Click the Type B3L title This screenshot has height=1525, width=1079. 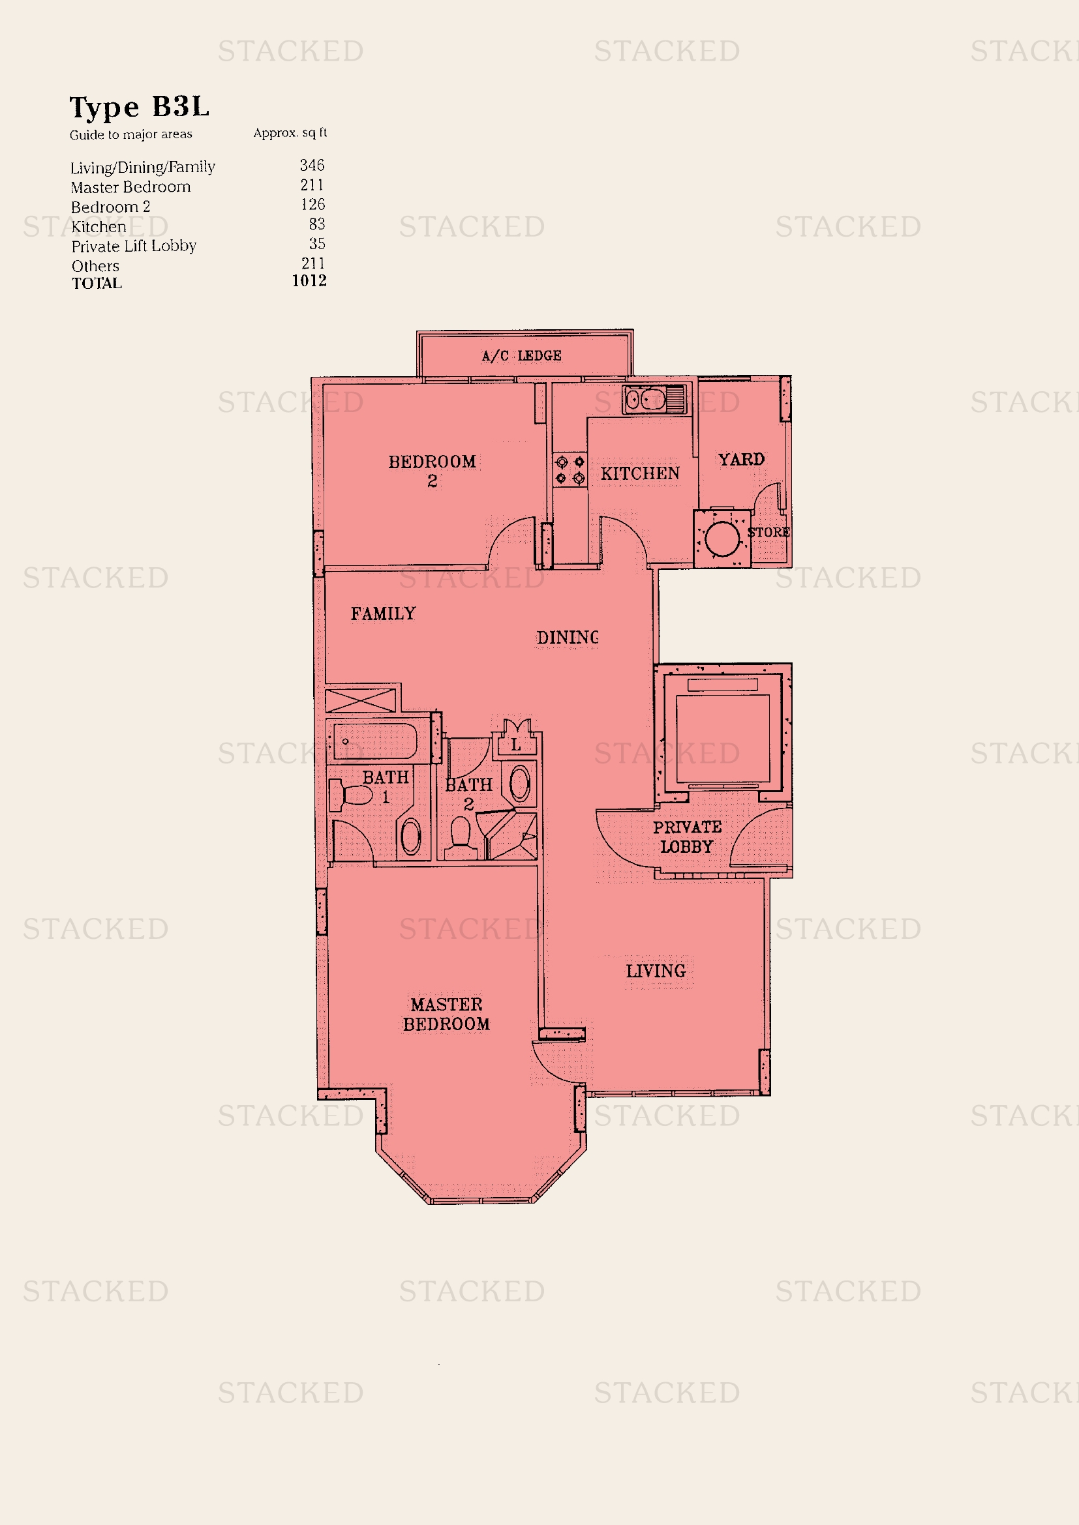click(x=140, y=107)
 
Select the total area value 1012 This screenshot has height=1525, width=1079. click(x=309, y=281)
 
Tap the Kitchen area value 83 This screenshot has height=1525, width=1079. click(x=317, y=224)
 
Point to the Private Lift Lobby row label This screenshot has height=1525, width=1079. click(x=134, y=246)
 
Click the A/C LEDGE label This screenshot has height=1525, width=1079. click(x=522, y=356)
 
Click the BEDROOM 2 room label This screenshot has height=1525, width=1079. click(x=432, y=470)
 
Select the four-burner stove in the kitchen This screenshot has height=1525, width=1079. click(x=570, y=469)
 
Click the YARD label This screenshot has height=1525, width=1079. click(x=741, y=460)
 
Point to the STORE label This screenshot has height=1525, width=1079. click(x=768, y=533)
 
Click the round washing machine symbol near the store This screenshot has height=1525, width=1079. click(x=722, y=539)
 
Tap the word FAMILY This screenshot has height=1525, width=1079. click(x=384, y=614)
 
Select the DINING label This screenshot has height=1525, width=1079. click(x=568, y=638)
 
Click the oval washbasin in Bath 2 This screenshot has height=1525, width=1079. click(x=519, y=784)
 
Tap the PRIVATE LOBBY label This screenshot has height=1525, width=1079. click(x=687, y=837)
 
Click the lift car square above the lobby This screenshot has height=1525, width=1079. click(x=722, y=739)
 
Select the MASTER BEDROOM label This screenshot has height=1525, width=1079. click(x=446, y=1014)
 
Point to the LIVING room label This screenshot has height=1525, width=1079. click(x=656, y=971)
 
